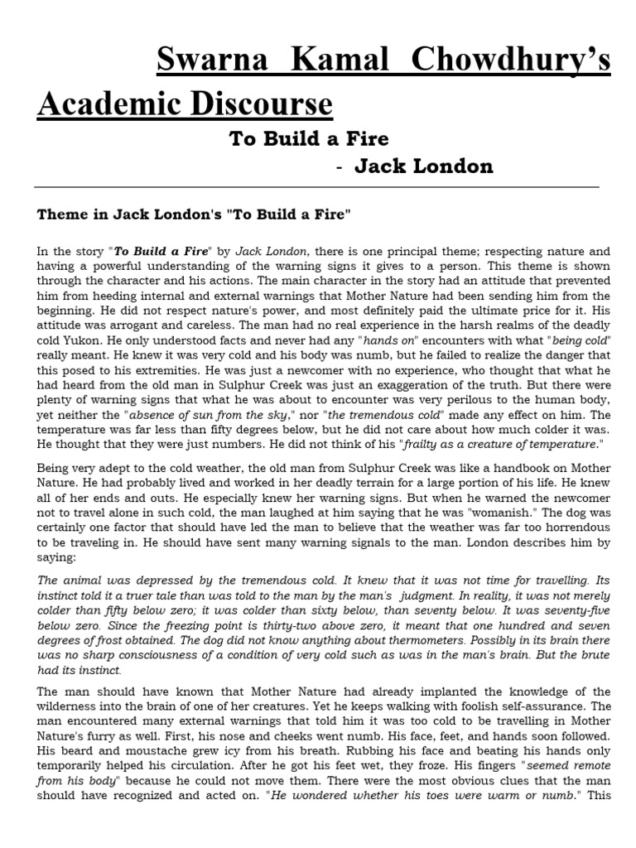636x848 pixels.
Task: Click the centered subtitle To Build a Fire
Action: (x=309, y=138)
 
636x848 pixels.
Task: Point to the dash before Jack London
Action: (x=340, y=167)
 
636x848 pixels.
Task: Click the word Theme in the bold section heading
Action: (x=61, y=215)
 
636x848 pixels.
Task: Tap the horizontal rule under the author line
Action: (x=318, y=188)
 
